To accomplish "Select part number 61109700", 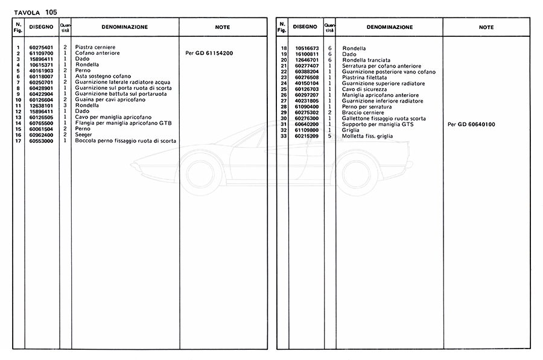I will (x=41, y=53).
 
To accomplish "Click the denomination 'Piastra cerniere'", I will (x=95, y=47).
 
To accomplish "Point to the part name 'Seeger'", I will (x=84, y=135).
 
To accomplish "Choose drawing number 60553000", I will (x=41, y=141).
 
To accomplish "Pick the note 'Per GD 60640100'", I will (x=471, y=124).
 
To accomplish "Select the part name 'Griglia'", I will (x=351, y=130).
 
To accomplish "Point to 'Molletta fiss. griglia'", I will (x=369, y=136).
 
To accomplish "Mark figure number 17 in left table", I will (x=19, y=141).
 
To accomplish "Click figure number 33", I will (x=283, y=136).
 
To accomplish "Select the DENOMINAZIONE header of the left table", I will (x=124, y=27).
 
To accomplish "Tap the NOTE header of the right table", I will (x=486, y=27).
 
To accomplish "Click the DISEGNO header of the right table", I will (x=305, y=27).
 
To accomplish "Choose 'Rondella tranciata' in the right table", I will (x=366, y=60).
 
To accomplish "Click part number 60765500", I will (x=41, y=124).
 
